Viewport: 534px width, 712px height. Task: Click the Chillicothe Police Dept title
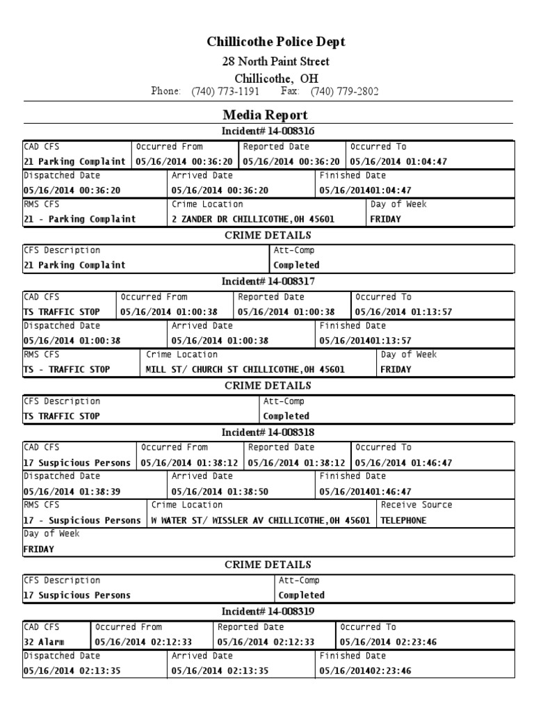click(x=276, y=42)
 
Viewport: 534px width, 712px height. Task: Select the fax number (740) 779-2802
click(x=344, y=92)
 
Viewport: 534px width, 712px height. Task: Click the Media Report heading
click(x=265, y=115)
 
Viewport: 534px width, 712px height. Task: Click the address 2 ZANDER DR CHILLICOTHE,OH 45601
click(x=252, y=219)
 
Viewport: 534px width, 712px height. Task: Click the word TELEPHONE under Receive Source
click(x=404, y=521)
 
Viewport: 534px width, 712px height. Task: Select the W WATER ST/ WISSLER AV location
click(x=261, y=521)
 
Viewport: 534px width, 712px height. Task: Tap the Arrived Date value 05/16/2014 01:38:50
click(x=220, y=492)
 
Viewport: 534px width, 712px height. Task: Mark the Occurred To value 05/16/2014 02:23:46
click(x=388, y=642)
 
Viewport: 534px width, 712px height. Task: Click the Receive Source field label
click(x=416, y=505)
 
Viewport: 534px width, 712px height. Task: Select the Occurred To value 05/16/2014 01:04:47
click(x=398, y=162)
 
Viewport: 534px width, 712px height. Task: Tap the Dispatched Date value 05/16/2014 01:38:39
click(x=72, y=492)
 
